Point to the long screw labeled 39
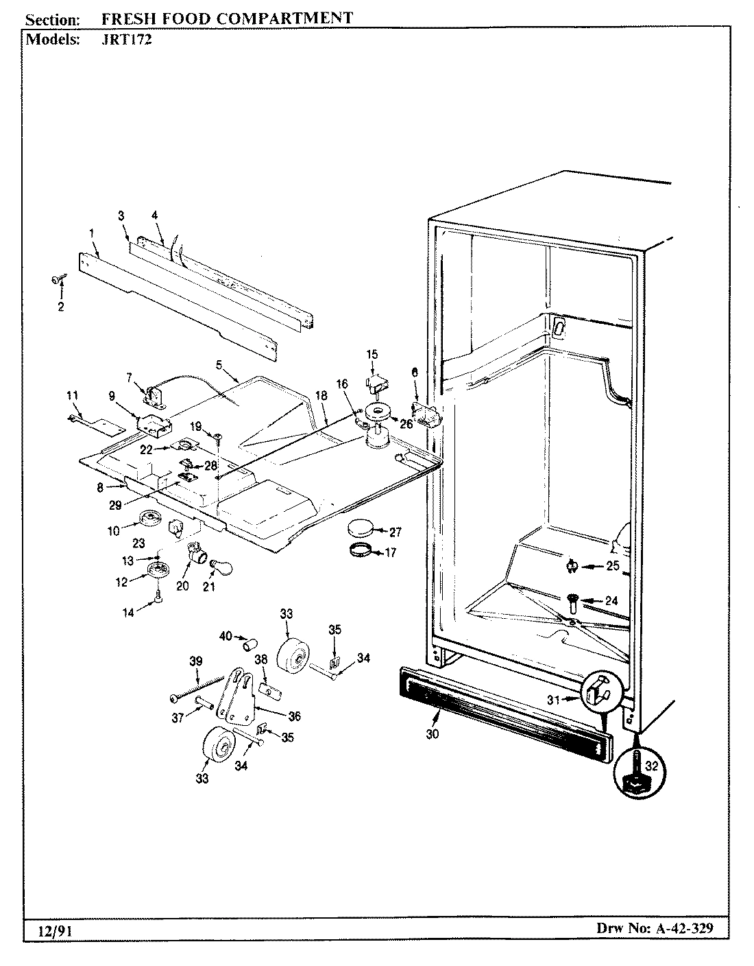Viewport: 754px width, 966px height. [199, 687]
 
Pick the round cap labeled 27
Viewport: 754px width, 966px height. [362, 528]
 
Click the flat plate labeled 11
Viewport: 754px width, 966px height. [96, 426]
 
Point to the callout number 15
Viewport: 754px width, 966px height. [372, 355]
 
